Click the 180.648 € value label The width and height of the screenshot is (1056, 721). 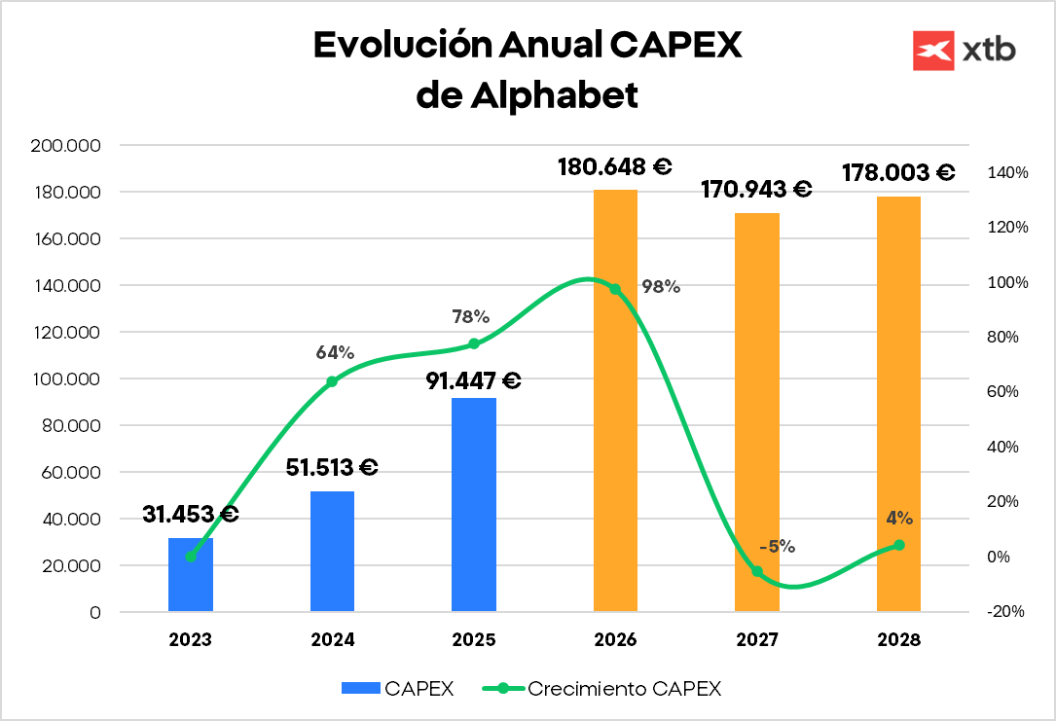coord(615,166)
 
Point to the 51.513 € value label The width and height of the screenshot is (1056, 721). coord(332,468)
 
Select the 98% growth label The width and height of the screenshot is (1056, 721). coord(661,287)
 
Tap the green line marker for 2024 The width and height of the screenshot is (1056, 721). coord(332,381)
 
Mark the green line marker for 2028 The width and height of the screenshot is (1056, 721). coord(899,545)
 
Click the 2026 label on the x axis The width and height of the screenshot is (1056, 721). coord(615,640)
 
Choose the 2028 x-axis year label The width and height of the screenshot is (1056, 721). coord(898,640)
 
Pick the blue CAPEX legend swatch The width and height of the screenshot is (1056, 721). coord(360,688)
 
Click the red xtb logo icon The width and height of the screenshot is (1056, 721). coord(932,51)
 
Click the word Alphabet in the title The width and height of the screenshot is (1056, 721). coord(556,94)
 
